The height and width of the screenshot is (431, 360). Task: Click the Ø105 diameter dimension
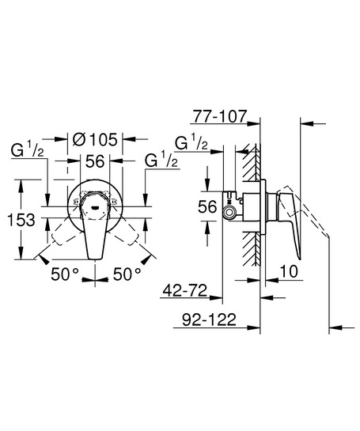pyautogui.click(x=95, y=140)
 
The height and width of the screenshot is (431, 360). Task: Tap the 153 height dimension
pyautogui.click(x=21, y=220)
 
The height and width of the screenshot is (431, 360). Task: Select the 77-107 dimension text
pyautogui.click(x=220, y=116)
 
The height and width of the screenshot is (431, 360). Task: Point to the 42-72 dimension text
pyautogui.click(x=185, y=290)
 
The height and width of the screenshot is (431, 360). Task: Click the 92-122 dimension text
pyautogui.click(x=209, y=319)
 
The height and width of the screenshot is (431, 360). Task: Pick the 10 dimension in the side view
pyautogui.click(x=289, y=271)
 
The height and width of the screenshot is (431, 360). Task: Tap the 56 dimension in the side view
pyautogui.click(x=207, y=206)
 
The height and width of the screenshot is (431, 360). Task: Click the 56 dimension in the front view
pyautogui.click(x=95, y=161)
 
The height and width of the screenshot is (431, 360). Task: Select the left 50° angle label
pyautogui.click(x=65, y=274)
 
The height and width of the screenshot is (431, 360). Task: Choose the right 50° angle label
pyautogui.click(x=127, y=274)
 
